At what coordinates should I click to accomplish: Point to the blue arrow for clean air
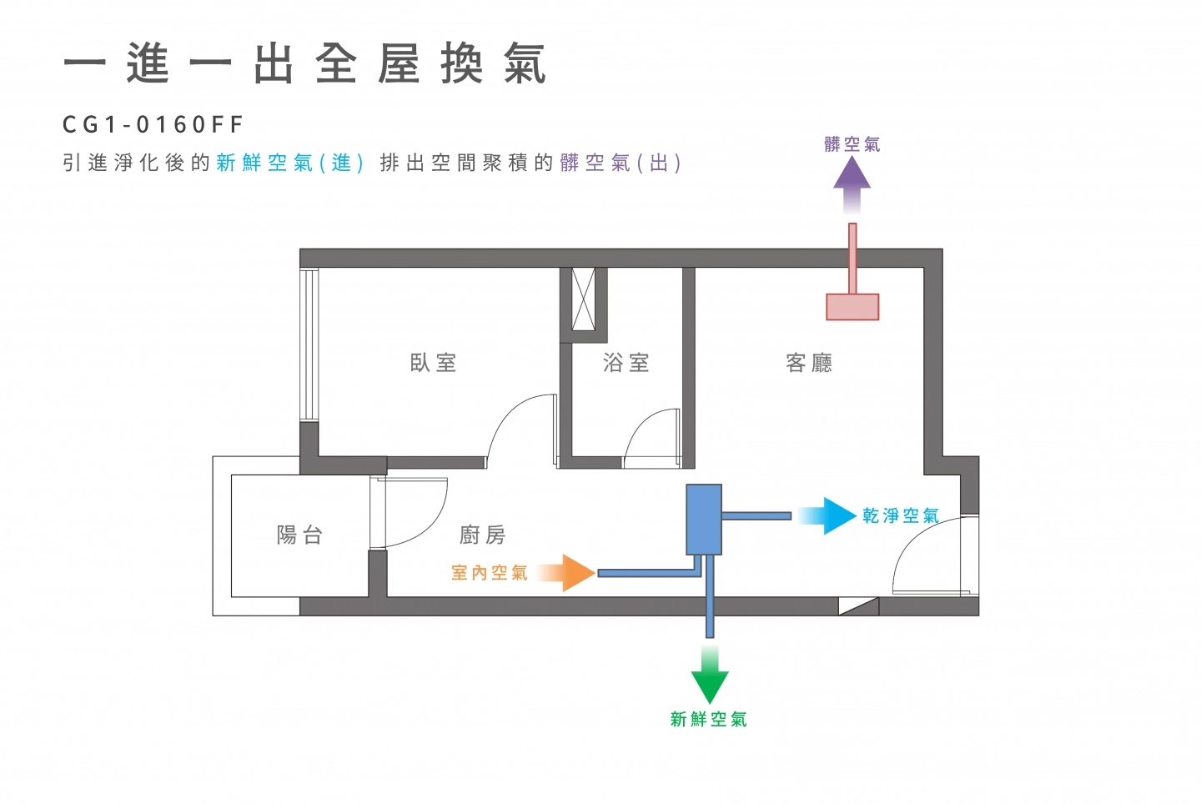[x=831, y=516]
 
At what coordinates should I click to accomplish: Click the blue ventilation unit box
[x=703, y=520]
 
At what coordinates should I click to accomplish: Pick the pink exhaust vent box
[x=852, y=307]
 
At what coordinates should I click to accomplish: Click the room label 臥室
[x=433, y=363]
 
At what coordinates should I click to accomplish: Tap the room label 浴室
[x=626, y=363]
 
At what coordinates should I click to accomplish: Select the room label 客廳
[x=809, y=363]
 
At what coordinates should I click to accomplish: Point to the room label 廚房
[x=483, y=535]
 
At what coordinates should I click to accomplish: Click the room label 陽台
[x=299, y=535]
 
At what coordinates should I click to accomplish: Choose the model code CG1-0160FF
[x=153, y=125]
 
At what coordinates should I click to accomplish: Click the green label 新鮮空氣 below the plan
[x=709, y=719]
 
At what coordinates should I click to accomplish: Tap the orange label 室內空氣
[x=490, y=573]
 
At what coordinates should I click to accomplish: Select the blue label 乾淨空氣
[x=901, y=516]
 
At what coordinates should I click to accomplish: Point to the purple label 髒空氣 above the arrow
[x=852, y=144]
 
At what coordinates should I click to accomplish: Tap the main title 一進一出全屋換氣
[x=305, y=65]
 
